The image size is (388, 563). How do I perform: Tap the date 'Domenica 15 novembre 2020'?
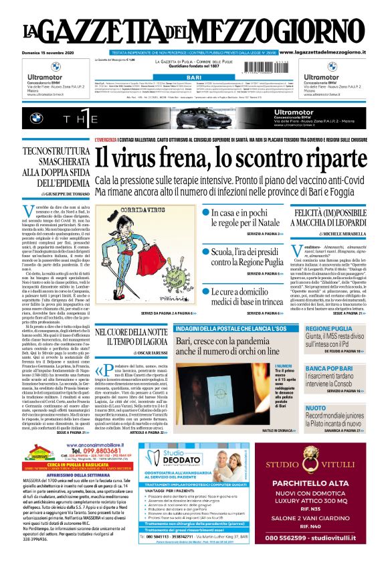(49, 52)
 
